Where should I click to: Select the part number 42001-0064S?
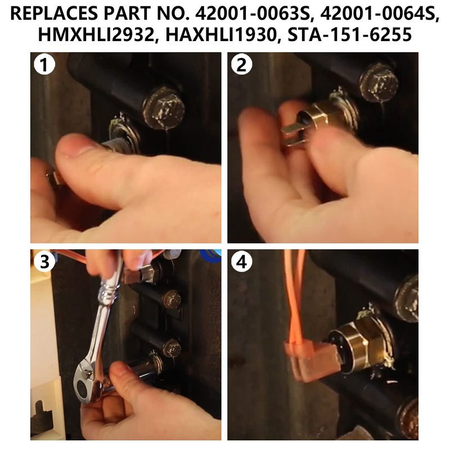point(379,13)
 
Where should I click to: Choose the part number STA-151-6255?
point(349,34)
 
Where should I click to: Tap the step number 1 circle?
point(44,65)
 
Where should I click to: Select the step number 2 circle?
point(241,65)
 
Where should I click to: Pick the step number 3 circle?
point(44,262)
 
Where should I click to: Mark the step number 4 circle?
point(241,262)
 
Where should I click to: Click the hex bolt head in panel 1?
point(164,107)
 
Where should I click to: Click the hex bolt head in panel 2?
point(379,82)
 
